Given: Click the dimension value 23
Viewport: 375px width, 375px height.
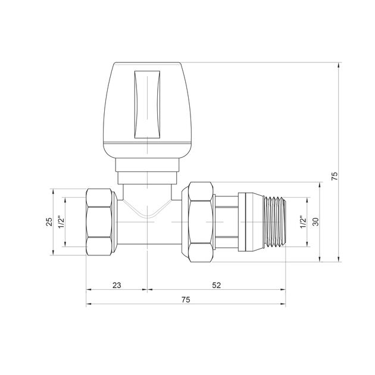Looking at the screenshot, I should pos(116,285).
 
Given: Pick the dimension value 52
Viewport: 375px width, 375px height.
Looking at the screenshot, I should pos(216,285).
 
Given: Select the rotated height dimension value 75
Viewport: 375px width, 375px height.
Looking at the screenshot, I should pos(334,176).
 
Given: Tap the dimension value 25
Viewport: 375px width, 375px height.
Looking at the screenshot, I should pos(50,221).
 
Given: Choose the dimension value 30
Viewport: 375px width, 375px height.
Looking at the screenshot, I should pos(315,221).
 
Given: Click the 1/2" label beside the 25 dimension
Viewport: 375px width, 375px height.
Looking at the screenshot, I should pos(61,221).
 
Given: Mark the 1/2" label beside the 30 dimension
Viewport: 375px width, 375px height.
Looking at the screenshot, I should pos(302,221).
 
